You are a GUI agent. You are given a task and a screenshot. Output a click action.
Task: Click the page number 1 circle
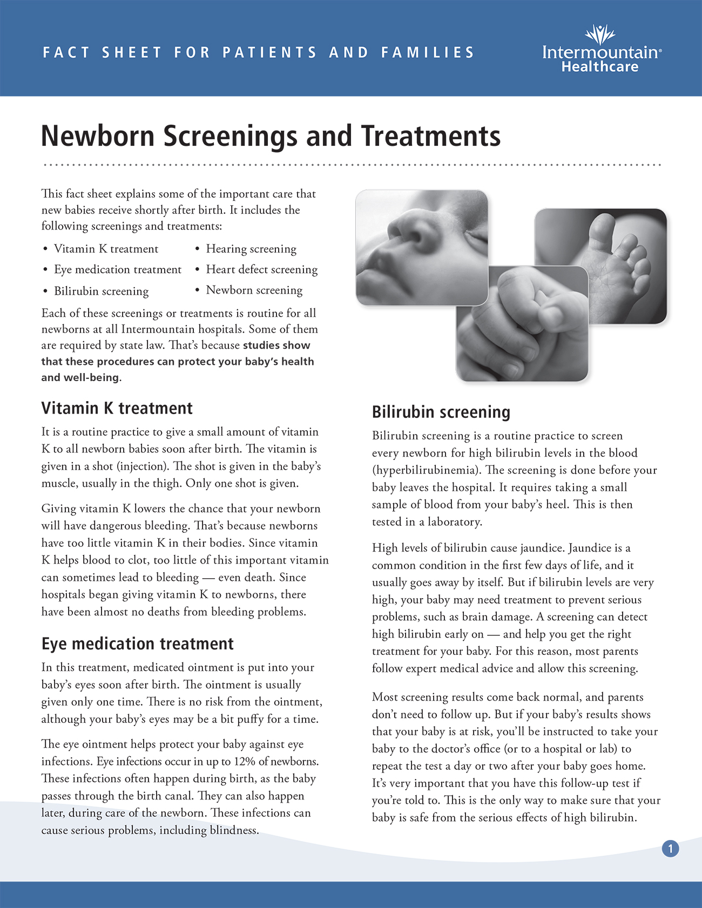click(x=670, y=849)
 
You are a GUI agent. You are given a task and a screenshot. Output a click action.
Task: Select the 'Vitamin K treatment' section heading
click(x=117, y=408)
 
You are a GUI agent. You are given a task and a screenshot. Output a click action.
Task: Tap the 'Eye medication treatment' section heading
click(x=138, y=643)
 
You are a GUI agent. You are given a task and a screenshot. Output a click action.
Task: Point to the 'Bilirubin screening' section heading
click(x=441, y=412)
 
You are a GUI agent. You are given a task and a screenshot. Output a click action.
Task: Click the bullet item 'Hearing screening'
click(x=251, y=249)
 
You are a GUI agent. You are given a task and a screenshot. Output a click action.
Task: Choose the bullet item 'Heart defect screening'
click(x=262, y=269)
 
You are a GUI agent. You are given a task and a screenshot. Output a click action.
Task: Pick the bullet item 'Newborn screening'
click(x=254, y=290)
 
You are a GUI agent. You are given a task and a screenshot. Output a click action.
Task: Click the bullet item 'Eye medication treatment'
click(x=118, y=269)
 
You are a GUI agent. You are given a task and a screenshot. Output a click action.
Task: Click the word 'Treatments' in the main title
click(x=431, y=135)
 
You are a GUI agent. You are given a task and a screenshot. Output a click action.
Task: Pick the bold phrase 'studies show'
click(x=276, y=345)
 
